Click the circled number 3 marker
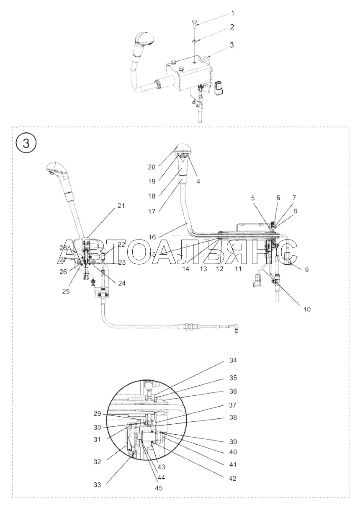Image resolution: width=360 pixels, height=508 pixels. tap(26, 143)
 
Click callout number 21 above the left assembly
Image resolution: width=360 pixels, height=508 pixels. tap(121, 206)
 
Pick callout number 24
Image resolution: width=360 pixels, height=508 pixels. tap(121, 283)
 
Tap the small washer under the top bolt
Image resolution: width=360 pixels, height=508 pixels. tap(195, 41)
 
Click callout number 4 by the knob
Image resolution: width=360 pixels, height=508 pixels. tap(198, 181)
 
